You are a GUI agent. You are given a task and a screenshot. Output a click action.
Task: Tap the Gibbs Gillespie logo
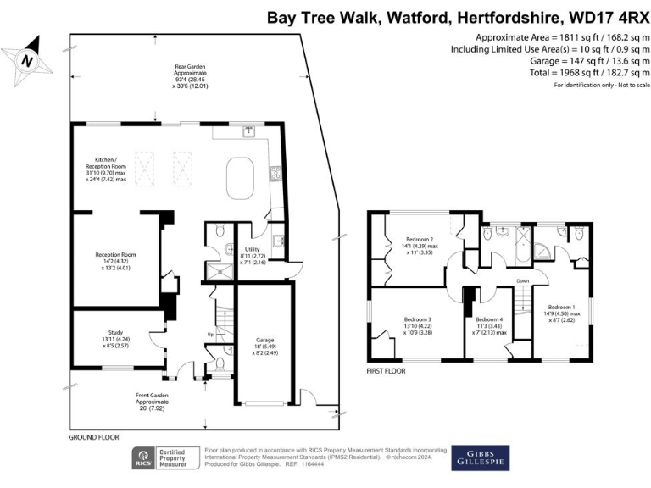(481, 458)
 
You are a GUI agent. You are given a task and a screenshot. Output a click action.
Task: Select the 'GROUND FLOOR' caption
(94, 437)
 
